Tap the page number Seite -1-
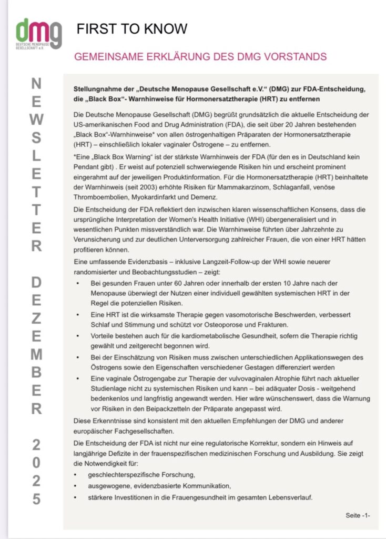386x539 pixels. click(x=358, y=515)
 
